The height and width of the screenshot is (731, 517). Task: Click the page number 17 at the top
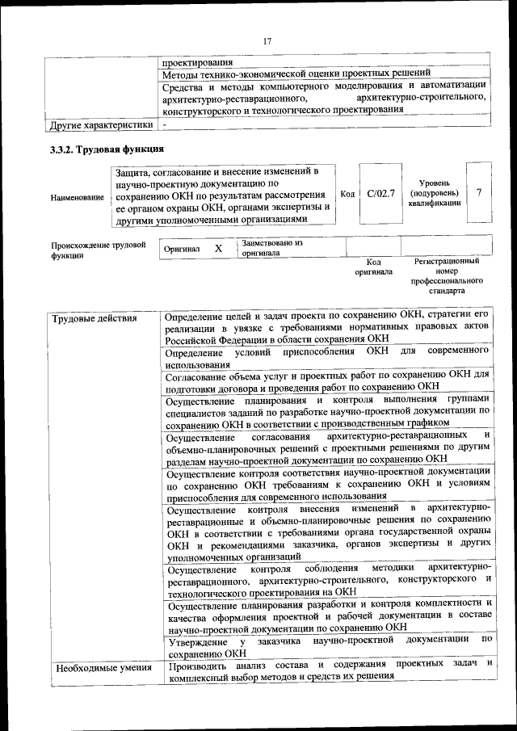267,41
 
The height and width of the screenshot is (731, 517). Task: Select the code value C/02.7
380,194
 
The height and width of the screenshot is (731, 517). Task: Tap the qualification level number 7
479,193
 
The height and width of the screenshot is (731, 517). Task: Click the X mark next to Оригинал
218,249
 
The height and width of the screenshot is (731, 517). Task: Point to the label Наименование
77,197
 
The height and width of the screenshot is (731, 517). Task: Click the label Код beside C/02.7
347,194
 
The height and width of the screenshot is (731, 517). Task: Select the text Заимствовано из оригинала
271,248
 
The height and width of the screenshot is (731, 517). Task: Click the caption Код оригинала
373,267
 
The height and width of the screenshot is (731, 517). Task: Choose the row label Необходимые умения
102,667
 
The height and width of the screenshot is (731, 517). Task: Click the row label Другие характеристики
101,125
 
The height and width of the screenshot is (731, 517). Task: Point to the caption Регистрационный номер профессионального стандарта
447,275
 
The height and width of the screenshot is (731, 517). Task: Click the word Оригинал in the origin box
182,250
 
